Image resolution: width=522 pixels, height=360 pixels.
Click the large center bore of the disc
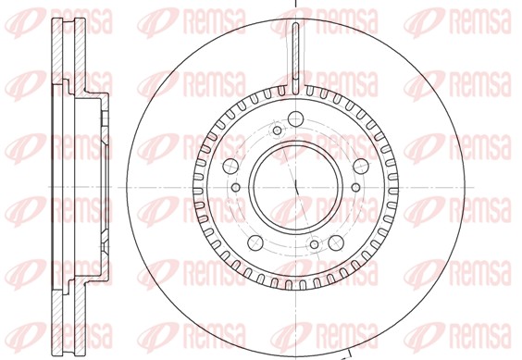[x=296, y=187]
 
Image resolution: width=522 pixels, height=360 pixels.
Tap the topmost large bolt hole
[x=295, y=118]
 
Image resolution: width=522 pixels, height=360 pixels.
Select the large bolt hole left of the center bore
[x=230, y=166]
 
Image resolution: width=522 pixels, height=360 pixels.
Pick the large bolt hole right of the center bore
[x=361, y=167]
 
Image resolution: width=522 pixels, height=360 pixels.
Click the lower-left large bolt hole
[x=255, y=242]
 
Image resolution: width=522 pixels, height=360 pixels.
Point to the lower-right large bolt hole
[x=336, y=242]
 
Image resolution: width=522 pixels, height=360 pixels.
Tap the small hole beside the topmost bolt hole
[x=277, y=130]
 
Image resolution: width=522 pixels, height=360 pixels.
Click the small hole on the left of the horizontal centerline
[x=236, y=187]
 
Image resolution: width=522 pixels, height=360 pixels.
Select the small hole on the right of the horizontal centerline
[x=356, y=187]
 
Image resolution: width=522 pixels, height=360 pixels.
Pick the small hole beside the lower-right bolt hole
[x=315, y=244]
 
